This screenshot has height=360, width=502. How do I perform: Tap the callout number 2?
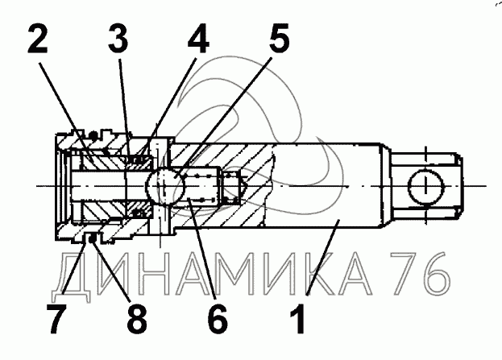pos(38,39)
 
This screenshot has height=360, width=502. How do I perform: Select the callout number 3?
pos(118,39)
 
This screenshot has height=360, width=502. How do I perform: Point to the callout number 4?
pos(198,39)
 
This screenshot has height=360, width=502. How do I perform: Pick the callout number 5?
pos(279,39)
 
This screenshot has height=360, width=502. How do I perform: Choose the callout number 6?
pos(218,318)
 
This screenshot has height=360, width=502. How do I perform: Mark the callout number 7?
pos(56,318)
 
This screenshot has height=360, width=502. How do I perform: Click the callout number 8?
pos(137,318)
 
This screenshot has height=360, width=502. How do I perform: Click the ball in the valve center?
pos(166,186)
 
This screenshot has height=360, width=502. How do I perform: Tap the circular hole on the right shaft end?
pos(425,186)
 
